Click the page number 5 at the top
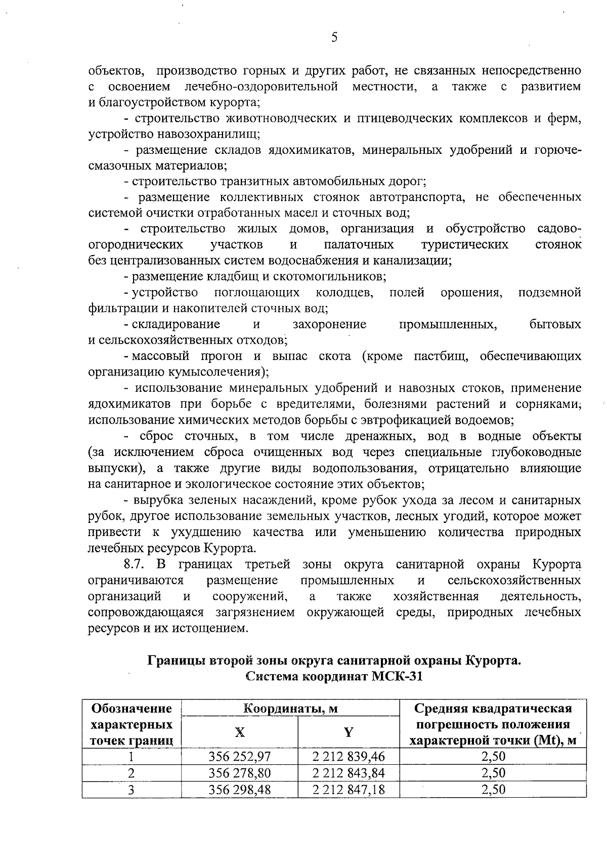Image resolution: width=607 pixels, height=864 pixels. point(334,37)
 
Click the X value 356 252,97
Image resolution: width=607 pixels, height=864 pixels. point(240,757)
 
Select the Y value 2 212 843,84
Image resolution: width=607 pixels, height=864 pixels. point(349,773)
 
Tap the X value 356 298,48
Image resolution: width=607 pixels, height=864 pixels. point(240,790)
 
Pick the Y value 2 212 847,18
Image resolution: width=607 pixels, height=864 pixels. point(349,790)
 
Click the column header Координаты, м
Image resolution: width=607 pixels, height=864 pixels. point(290,708)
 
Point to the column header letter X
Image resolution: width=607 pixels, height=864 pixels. point(239,732)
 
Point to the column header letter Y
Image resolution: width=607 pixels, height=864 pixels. point(349,732)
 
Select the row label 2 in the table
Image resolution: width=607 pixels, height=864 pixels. point(132,773)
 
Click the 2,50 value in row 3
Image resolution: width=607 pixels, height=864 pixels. point(493,790)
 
